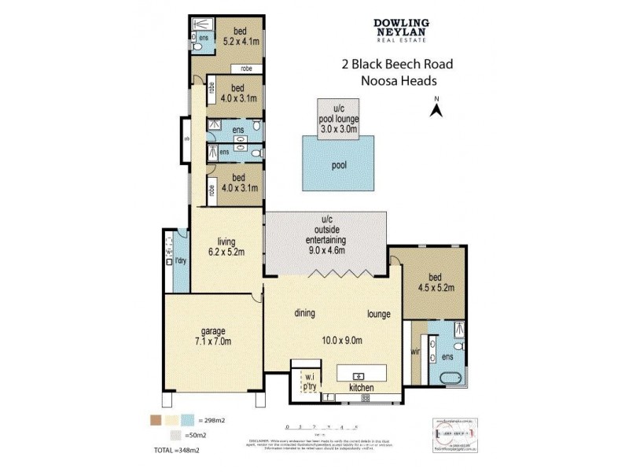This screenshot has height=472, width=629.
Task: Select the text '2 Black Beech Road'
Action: click(x=396, y=65)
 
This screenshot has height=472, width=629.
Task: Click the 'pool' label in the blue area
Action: click(x=338, y=165)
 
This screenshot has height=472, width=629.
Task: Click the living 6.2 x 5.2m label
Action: click(x=227, y=247)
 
